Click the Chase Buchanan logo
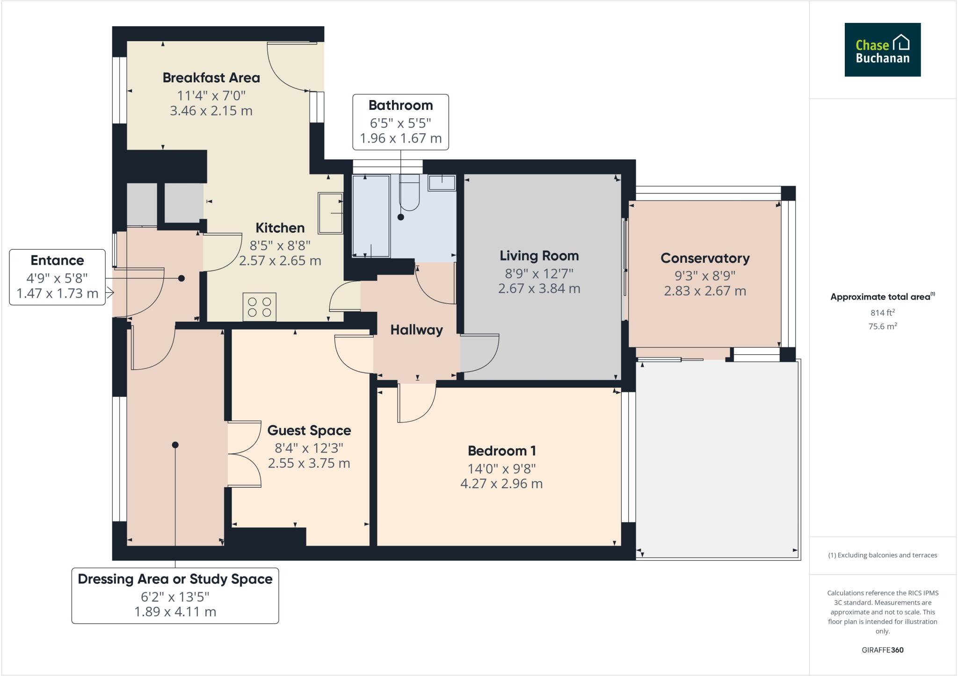coord(882,50)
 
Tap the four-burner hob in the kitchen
coord(259,307)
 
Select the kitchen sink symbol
coord(330,213)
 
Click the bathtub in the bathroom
coord(370,216)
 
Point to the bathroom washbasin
coord(442,183)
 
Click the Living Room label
coord(539,256)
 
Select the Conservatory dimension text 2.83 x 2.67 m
coord(704,291)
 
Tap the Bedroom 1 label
coord(501,451)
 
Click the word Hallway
coord(416,330)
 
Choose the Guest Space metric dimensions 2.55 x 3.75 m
coord(309,463)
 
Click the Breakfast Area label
coord(211,78)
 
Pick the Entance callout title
coord(57,260)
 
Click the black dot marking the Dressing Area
coord(175,445)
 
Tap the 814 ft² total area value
coord(882,313)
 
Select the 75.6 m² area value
coord(882,326)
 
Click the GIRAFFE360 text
coord(882,650)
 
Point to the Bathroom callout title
coord(400,105)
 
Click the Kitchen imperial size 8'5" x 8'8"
coord(280,245)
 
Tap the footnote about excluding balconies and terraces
coord(882,555)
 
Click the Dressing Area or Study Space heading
coord(175,579)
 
